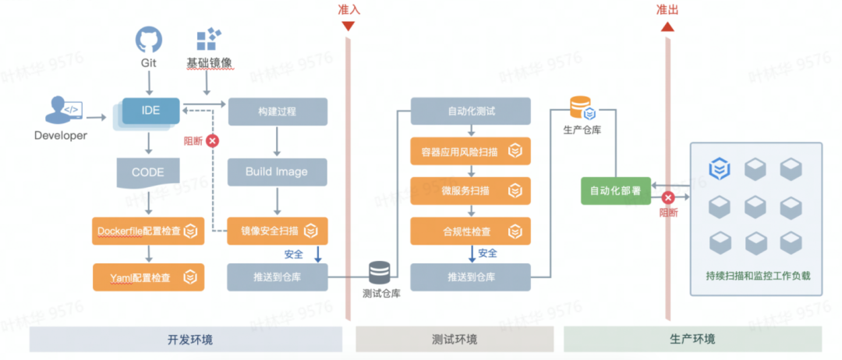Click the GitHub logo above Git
[x=149, y=41]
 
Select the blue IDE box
[x=151, y=111]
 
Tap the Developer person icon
[x=63, y=111]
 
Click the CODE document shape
[x=147, y=173]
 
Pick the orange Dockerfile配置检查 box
[x=147, y=231]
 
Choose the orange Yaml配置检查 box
[x=149, y=277]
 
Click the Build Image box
[x=277, y=171]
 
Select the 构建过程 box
[x=277, y=111]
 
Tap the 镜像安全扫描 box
[x=277, y=231]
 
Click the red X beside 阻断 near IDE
[x=213, y=141]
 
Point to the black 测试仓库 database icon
[x=380, y=273]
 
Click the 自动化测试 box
[x=470, y=111]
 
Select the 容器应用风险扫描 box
[x=470, y=151]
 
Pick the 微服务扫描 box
[x=470, y=190]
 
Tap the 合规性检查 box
[x=470, y=231]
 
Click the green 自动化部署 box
[x=616, y=191]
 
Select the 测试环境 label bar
[x=455, y=339]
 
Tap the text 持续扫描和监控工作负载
[x=758, y=277]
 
